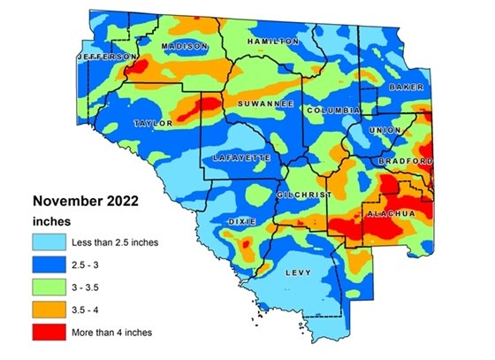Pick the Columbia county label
click(333, 110)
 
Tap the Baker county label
click(406, 88)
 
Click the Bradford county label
click(405, 162)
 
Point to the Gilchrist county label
click(303, 194)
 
